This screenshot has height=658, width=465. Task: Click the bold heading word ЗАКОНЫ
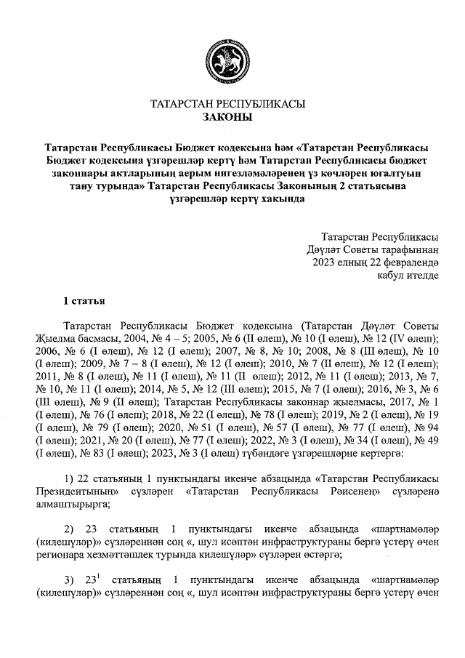[x=227, y=117]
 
